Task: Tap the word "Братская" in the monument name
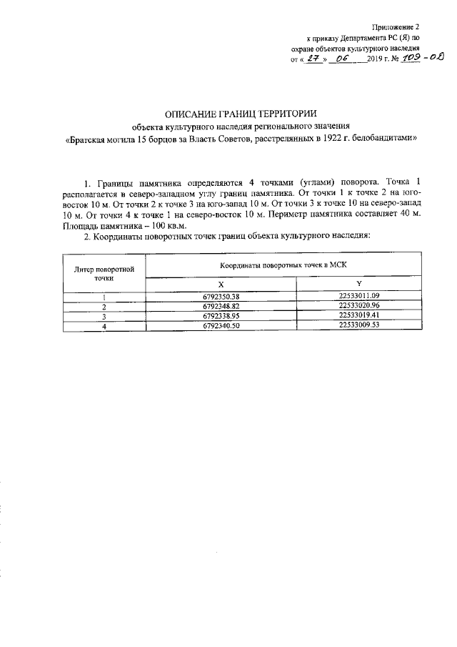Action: (x=84, y=141)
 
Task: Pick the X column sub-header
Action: (x=221, y=285)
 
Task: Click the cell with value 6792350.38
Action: (x=221, y=296)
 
